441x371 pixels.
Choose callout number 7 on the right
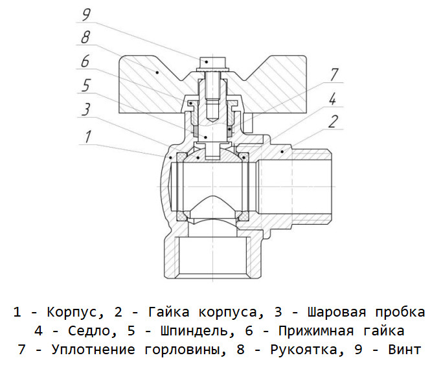point(334,75)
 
